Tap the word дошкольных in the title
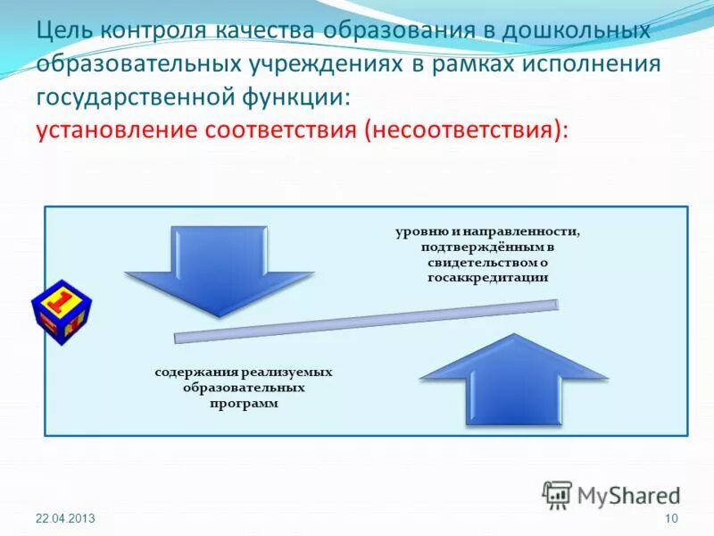click(x=576, y=30)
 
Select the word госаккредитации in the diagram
click(x=486, y=278)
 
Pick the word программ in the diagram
click(x=244, y=404)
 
